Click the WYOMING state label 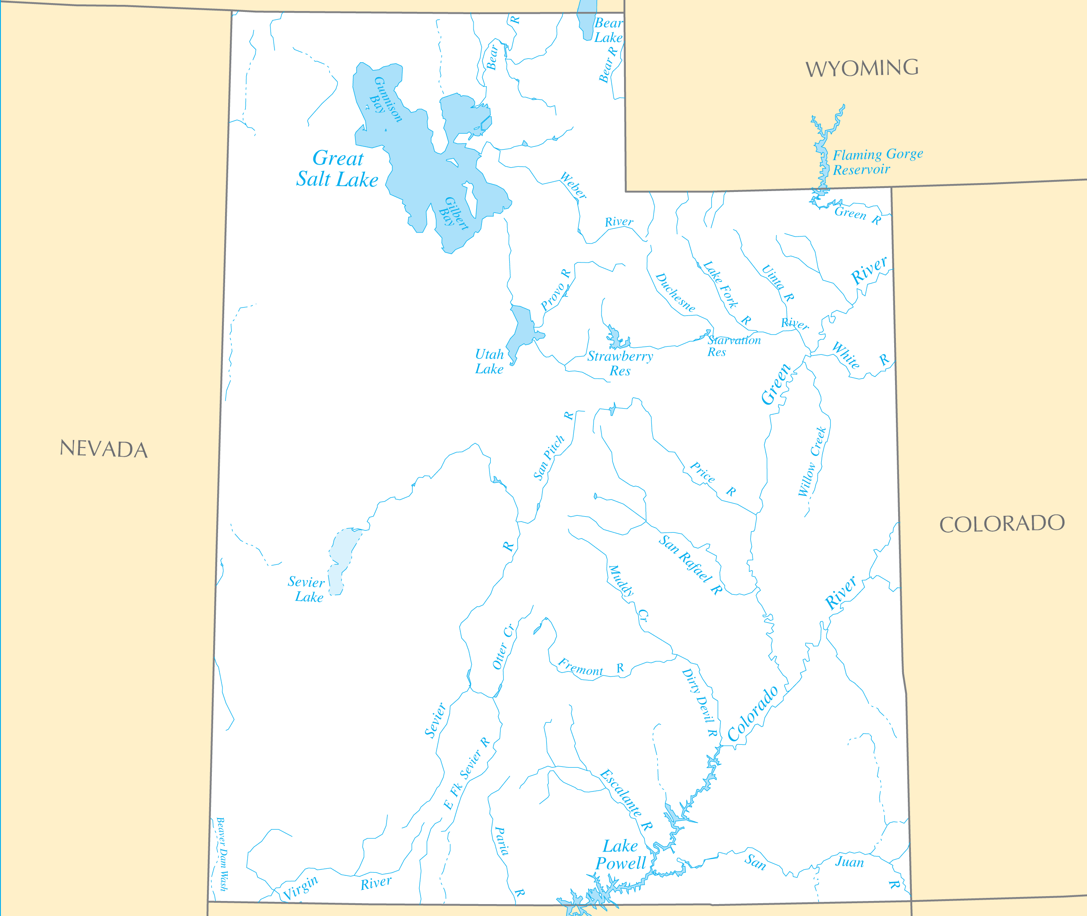pyautogui.click(x=861, y=68)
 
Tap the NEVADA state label pyautogui.click(x=103, y=449)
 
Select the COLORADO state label pyautogui.click(x=1002, y=523)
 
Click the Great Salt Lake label pyautogui.click(x=338, y=169)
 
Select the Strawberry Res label pyautogui.click(x=620, y=364)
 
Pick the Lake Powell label pyautogui.click(x=621, y=855)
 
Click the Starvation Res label pyautogui.click(x=733, y=346)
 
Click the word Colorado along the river pyautogui.click(x=752, y=713)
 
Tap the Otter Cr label pyautogui.click(x=503, y=646)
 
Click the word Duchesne pyautogui.click(x=675, y=293)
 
